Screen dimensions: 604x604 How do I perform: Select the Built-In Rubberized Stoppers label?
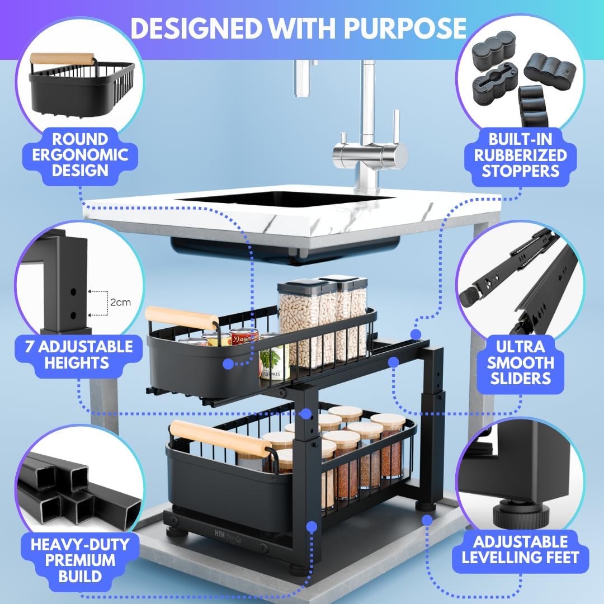click(521, 155)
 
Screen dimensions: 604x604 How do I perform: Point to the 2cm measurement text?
click(120, 303)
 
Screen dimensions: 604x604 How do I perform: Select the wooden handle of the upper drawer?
click(182, 318)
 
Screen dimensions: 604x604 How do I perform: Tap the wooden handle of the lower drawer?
click(221, 439)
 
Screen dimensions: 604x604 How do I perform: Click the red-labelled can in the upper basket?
click(244, 337)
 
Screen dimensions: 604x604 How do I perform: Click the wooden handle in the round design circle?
click(62, 58)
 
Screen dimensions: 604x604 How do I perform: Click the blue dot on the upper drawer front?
click(228, 364)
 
